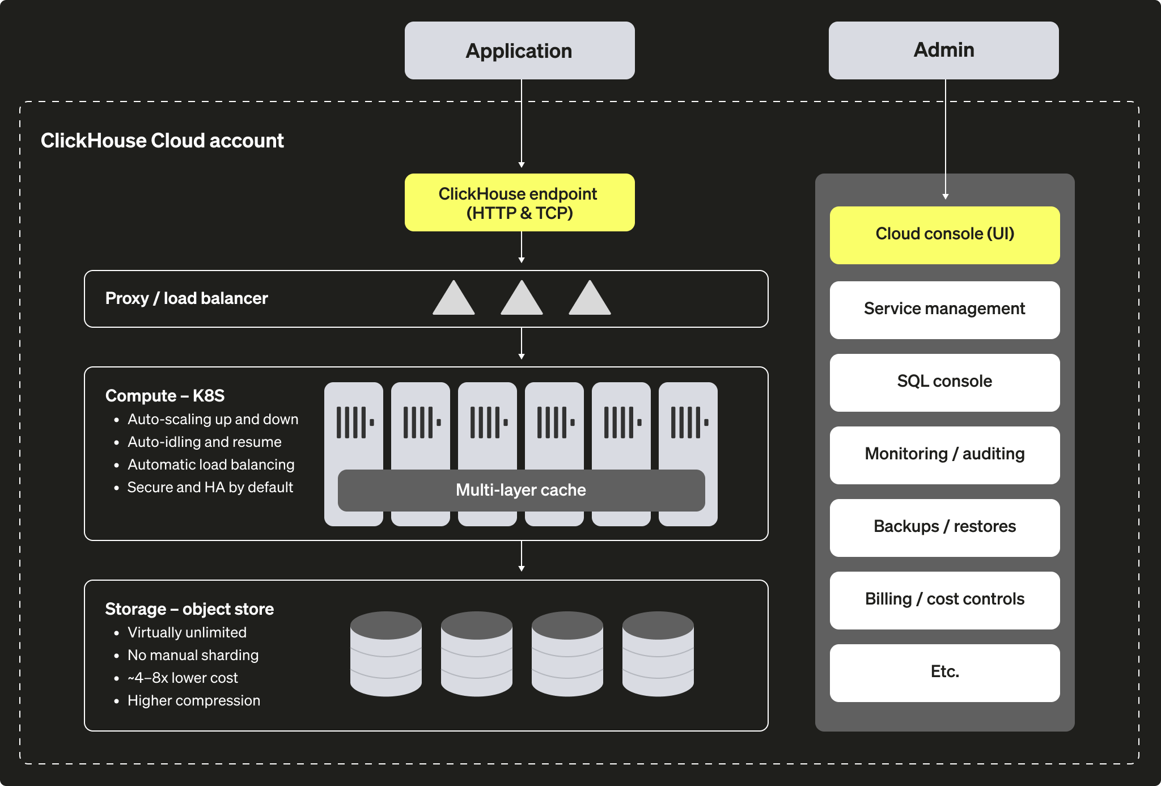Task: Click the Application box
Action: click(519, 50)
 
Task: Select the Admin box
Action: click(943, 50)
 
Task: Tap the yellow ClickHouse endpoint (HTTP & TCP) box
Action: click(519, 202)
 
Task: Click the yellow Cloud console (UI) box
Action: click(944, 235)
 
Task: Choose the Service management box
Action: click(944, 310)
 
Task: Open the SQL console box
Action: click(944, 382)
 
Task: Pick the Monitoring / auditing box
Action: click(944, 455)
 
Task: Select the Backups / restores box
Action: click(944, 527)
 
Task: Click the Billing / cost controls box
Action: click(944, 600)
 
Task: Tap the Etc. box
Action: click(944, 673)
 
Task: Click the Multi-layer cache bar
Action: click(521, 491)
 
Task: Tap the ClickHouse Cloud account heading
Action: click(162, 141)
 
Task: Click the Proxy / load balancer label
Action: click(187, 298)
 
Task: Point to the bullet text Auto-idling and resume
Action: click(204, 442)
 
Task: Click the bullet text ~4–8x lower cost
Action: click(183, 678)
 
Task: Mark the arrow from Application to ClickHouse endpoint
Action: click(522, 125)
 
